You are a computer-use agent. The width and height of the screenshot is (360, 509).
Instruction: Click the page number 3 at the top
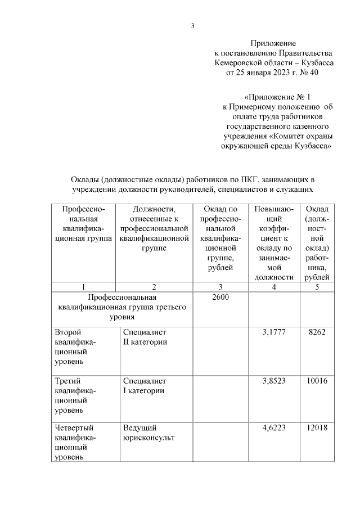tap(192, 25)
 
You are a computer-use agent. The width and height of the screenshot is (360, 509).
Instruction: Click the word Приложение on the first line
tap(273, 43)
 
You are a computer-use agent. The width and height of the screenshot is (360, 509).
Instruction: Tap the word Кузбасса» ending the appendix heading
tap(312, 146)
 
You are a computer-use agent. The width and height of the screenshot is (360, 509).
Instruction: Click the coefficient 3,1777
tap(274, 332)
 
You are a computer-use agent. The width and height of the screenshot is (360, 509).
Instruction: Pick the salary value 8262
tap(317, 332)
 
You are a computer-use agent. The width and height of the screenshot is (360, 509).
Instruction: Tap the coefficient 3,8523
tap(274, 381)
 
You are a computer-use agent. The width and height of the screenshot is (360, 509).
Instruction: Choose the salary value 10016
tap(317, 381)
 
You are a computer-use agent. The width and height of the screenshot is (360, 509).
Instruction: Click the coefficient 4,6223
tap(274, 428)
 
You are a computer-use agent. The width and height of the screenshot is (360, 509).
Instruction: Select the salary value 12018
tap(317, 428)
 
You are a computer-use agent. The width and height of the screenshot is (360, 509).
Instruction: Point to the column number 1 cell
tap(83, 287)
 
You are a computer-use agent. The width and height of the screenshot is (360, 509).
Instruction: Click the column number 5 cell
tap(317, 287)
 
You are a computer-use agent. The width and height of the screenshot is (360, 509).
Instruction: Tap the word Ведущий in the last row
tap(139, 428)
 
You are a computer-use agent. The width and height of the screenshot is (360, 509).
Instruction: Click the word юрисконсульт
tap(148, 438)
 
